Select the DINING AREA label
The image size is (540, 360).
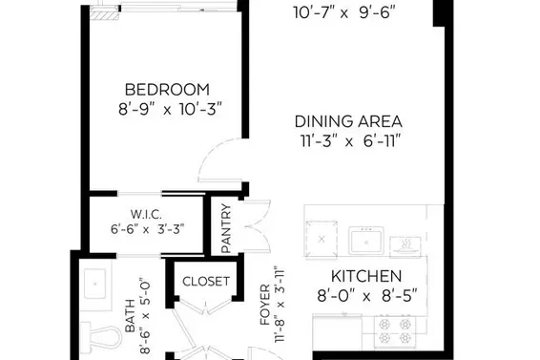coord(347,121)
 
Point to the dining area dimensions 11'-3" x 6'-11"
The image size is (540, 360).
coord(347,141)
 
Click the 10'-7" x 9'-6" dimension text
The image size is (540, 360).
coord(345,12)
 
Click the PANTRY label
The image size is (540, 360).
coord(226,229)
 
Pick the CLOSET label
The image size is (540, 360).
coord(206,281)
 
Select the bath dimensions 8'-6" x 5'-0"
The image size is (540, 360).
coord(145,315)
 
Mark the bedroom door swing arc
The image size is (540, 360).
coord(216,162)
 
